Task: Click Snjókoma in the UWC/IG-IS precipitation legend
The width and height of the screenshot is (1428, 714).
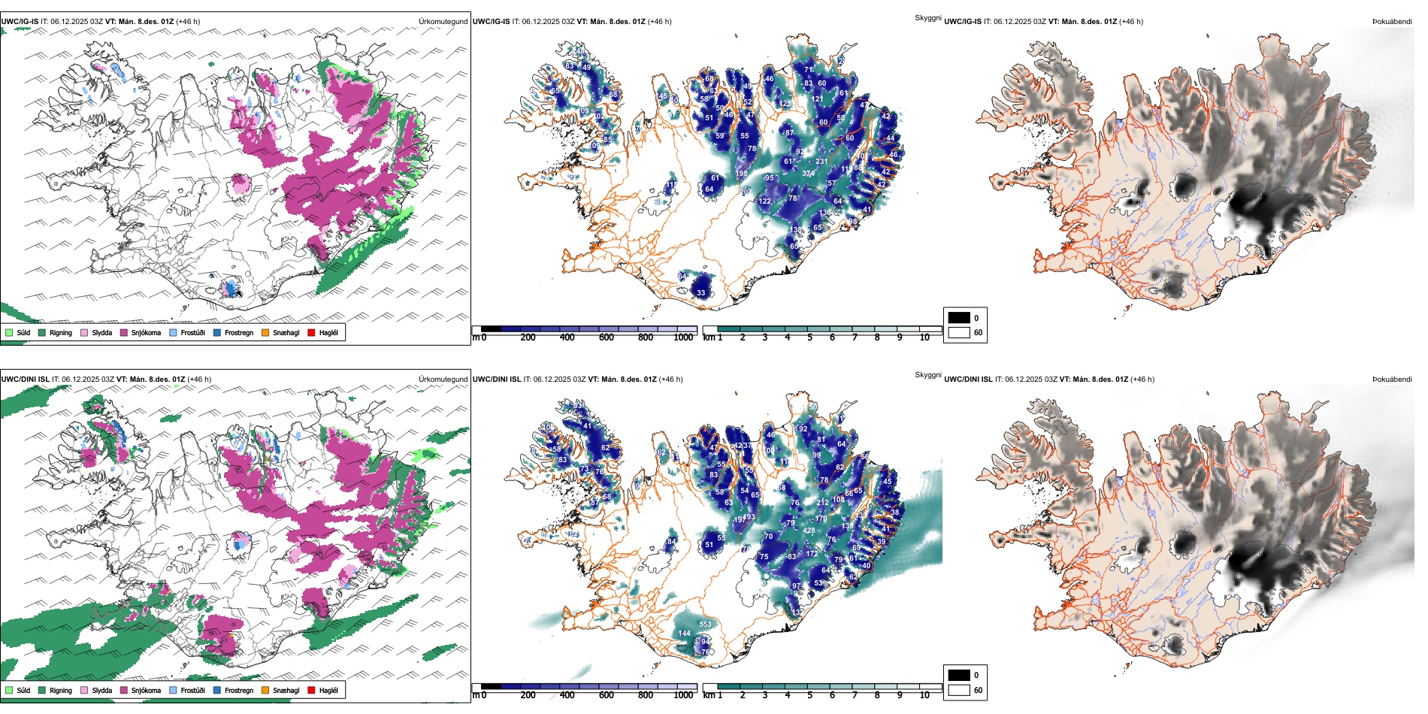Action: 146,332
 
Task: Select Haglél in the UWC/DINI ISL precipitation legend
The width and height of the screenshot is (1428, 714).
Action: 328,690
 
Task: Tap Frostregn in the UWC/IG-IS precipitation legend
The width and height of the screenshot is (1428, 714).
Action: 238,332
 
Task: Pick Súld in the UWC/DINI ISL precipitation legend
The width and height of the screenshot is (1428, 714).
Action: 23,690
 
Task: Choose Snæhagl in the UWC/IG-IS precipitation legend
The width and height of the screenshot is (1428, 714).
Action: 286,332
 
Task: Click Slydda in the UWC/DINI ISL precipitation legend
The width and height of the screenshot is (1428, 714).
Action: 101,690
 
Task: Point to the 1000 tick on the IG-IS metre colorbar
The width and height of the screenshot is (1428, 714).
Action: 683,337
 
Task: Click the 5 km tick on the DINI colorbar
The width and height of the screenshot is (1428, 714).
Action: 810,695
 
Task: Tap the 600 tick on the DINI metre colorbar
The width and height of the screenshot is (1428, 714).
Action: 607,695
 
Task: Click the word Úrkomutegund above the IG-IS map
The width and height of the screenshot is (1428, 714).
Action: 443,21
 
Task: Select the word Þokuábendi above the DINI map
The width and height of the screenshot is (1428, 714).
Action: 1392,379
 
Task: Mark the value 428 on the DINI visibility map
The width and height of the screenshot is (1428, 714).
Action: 809,531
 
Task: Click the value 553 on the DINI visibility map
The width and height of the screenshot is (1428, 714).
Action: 705,624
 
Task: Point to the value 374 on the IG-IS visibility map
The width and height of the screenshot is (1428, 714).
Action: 808,174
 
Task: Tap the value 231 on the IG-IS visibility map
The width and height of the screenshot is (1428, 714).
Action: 821,161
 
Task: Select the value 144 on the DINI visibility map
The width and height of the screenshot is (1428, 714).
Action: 684,634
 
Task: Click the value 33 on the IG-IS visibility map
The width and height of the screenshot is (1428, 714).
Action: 700,293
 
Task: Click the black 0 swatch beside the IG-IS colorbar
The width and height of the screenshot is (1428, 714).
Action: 959,318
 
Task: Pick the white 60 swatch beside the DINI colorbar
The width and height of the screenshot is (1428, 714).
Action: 959,690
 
